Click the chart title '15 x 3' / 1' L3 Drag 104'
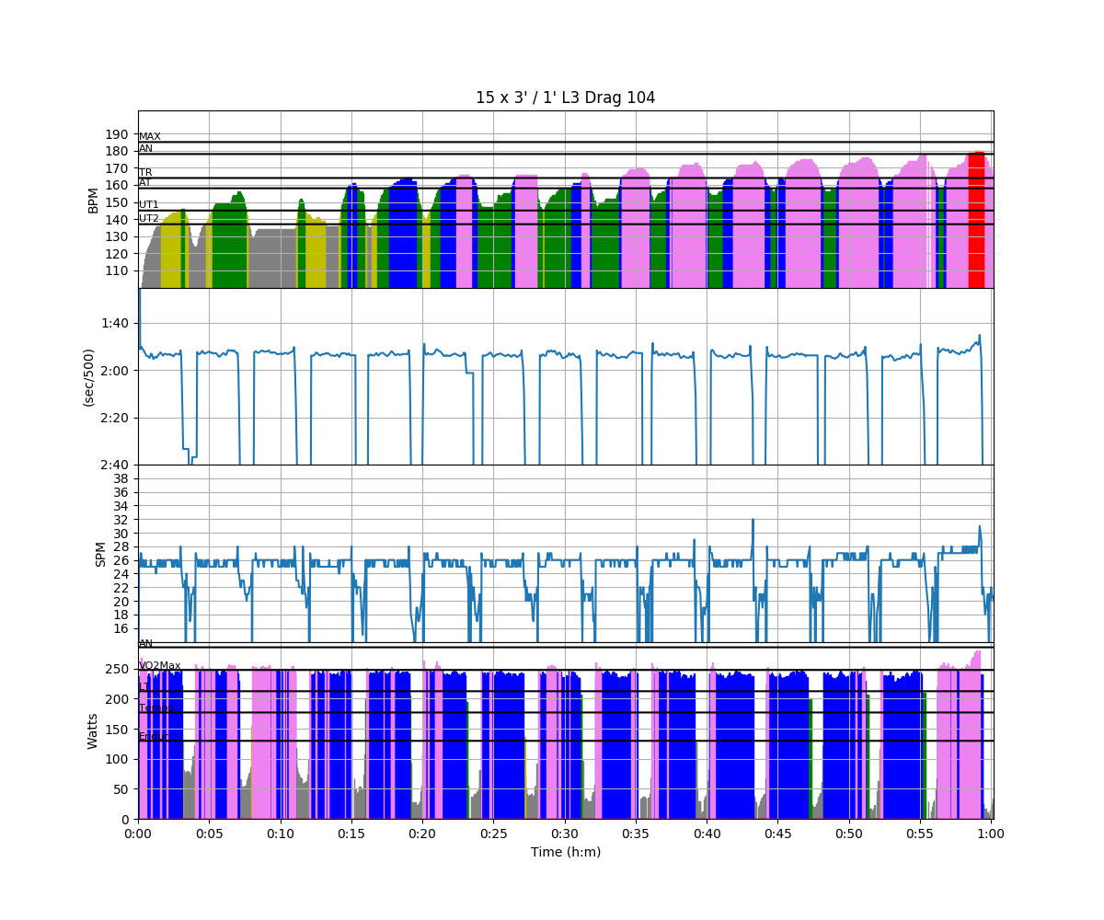565,98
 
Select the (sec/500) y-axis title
89,377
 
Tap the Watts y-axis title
93,730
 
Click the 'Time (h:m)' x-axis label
565,852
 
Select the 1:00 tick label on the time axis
991,833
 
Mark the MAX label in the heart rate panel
150,137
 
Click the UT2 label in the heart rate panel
149,219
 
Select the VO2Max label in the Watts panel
160,665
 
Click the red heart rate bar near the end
976,221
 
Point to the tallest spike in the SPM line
753,521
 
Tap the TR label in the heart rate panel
145,173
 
